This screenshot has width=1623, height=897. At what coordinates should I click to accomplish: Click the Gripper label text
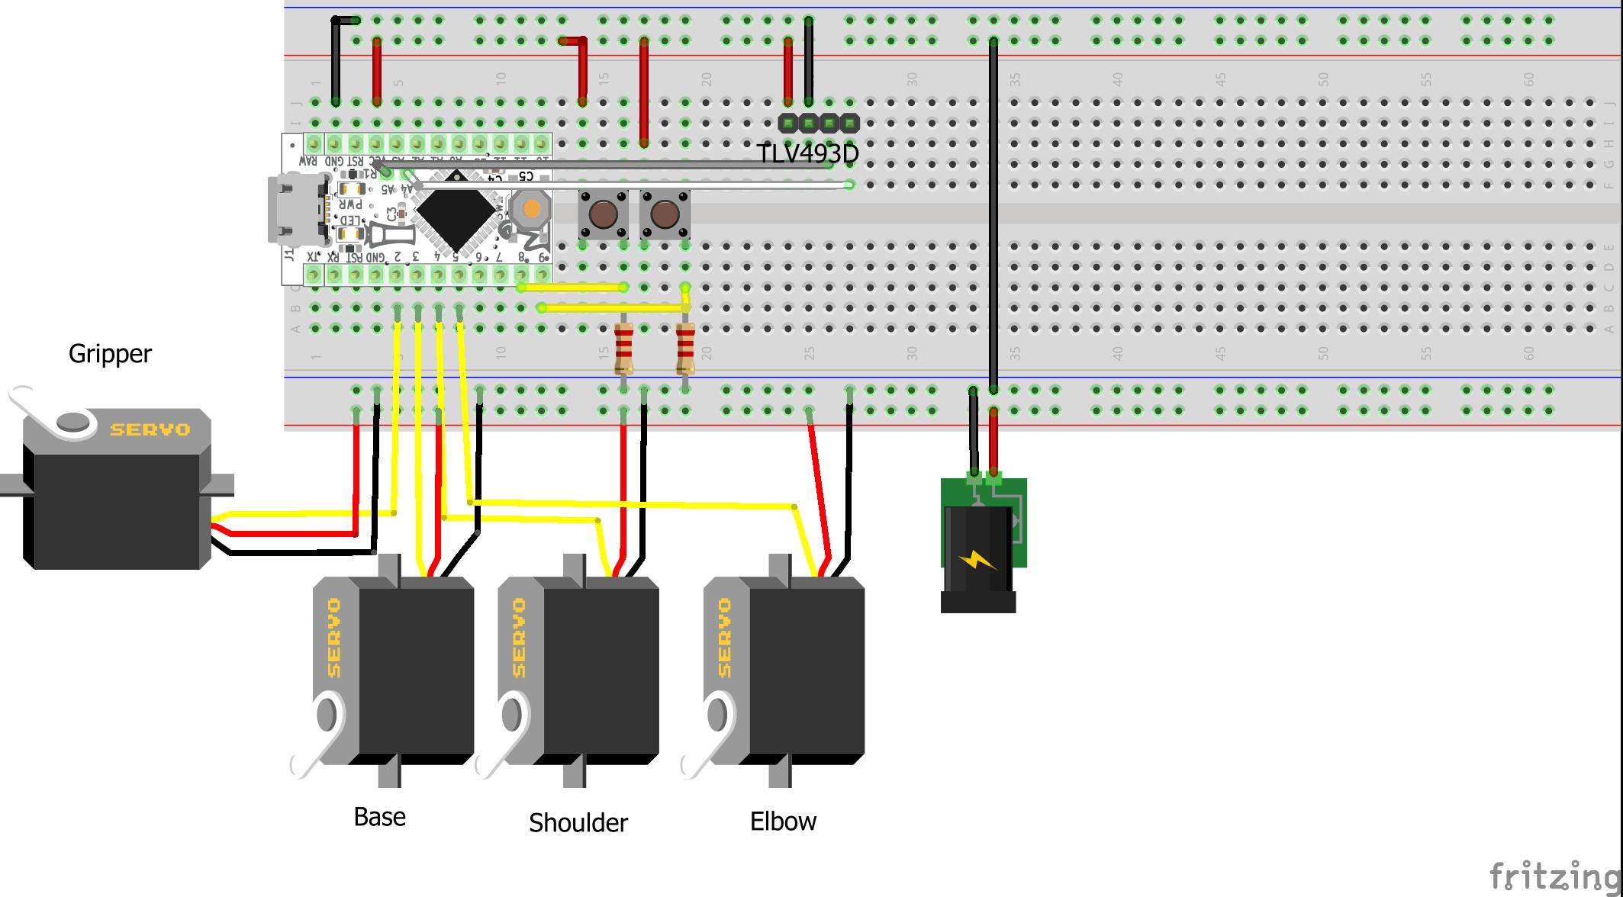110,354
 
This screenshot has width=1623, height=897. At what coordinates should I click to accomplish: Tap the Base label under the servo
379,817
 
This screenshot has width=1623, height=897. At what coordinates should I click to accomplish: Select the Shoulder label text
578,822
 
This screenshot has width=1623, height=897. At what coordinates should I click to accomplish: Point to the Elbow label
783,821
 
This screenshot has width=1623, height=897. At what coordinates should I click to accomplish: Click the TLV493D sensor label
807,153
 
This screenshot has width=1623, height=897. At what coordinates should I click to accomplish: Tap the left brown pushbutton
603,214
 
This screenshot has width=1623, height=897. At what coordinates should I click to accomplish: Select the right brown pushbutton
665,214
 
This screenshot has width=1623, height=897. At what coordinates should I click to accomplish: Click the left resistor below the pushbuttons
623,349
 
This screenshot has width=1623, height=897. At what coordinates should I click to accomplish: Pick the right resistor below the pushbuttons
685,349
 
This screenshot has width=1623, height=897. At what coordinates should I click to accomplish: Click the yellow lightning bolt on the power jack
977,561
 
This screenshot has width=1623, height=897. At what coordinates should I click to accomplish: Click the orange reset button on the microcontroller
531,207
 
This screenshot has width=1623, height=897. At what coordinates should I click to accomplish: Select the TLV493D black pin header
819,122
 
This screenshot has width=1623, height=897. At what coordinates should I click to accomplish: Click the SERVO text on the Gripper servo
150,429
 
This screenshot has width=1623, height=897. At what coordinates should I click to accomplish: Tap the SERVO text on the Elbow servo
724,637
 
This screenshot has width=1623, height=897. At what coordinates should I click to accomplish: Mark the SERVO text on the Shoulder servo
520,637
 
